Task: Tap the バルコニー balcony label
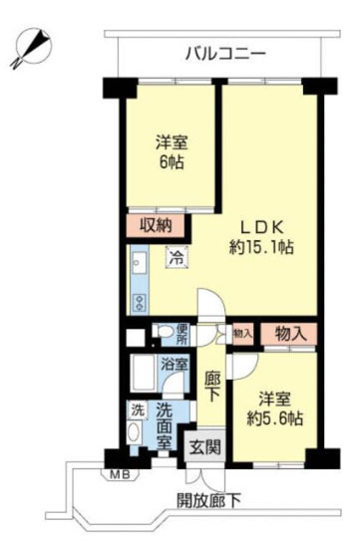coord(225,54)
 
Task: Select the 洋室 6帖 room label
coord(172,152)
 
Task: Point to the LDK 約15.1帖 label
coord(261,238)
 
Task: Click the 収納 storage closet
coord(156,226)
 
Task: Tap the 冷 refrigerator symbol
coord(178,257)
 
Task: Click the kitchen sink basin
coord(140,263)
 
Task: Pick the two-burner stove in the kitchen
coord(140,303)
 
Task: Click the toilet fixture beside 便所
coord(163,331)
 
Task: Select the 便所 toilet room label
coord(181,335)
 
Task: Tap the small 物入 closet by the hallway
coord(242,334)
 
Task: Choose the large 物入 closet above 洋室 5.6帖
coord(289,334)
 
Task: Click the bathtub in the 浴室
coord(143,374)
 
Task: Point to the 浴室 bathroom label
coord(175,365)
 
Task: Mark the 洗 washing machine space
coord(137,410)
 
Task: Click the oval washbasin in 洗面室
coord(134,432)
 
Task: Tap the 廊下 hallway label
coord(211,386)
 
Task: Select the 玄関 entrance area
coord(205,446)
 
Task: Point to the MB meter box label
coord(120,474)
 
